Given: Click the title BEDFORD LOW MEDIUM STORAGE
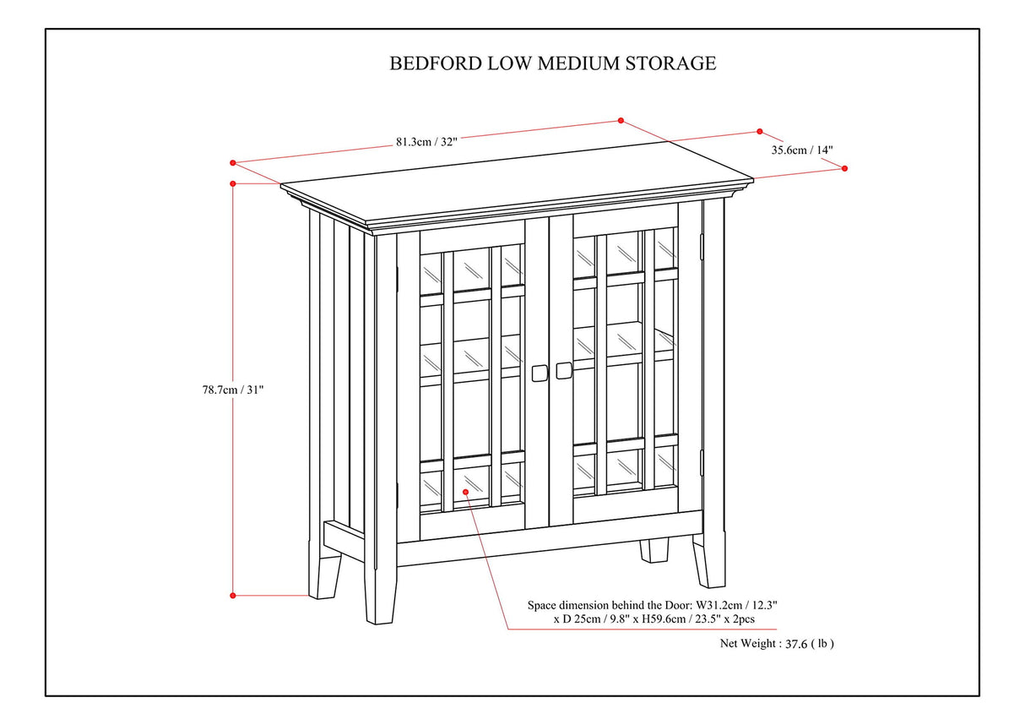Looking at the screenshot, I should click(x=552, y=63).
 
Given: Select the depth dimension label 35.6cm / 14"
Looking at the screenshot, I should click(x=801, y=150).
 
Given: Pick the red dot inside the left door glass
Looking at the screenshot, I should click(x=465, y=491).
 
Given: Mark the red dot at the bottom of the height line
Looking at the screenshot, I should click(x=233, y=595).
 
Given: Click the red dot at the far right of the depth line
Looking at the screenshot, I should click(x=844, y=168).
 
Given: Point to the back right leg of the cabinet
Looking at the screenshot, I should click(x=654, y=551).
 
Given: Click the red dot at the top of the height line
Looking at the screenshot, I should click(x=233, y=183).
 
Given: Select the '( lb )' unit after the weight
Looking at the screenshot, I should click(x=823, y=643).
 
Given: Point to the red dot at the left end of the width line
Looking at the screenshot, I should click(x=233, y=162).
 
